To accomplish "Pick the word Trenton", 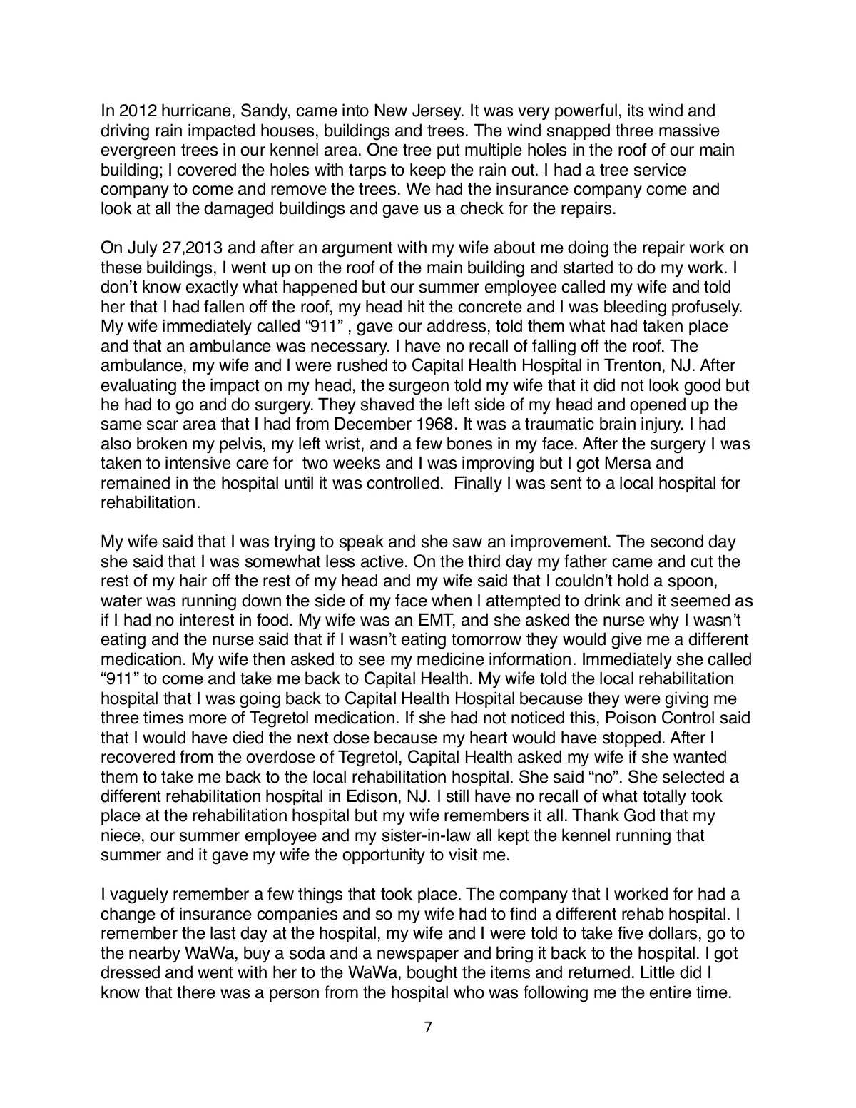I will tap(597, 366).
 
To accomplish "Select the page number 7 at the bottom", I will tap(428, 1028).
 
